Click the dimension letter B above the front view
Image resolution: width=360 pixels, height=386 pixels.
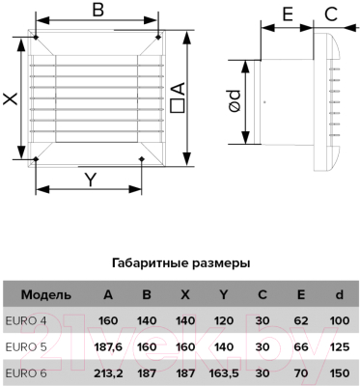tap(97, 12)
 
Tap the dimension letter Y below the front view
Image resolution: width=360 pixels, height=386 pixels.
tap(90, 179)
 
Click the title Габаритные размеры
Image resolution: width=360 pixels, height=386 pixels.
tap(181, 262)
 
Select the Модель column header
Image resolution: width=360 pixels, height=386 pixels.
tap(45, 294)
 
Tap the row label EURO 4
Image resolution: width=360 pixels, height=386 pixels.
tap(25, 319)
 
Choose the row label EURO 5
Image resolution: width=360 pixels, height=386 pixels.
tap(26, 345)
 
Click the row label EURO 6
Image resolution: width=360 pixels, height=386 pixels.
tap(26, 371)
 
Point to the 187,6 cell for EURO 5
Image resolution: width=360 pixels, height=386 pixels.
tap(108, 345)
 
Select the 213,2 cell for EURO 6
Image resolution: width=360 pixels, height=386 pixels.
tap(108, 371)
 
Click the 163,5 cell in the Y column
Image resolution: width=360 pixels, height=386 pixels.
tap(225, 371)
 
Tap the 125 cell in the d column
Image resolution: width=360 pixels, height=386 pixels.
tap(338, 345)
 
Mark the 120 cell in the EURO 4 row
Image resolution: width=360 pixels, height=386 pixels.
tap(225, 319)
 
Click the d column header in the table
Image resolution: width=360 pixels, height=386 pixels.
tap(338, 294)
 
